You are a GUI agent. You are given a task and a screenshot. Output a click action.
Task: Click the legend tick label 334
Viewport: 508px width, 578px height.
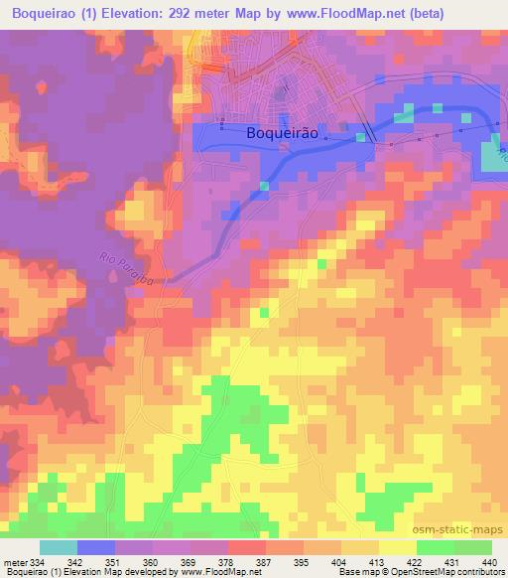[x=36, y=562]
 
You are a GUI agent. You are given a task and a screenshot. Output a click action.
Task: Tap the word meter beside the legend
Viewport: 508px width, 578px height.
[x=14, y=562]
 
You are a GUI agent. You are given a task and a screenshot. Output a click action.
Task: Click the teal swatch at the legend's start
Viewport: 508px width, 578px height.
[x=59, y=547]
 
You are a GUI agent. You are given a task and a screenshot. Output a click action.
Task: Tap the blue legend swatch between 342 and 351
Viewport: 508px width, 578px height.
[x=96, y=547]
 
